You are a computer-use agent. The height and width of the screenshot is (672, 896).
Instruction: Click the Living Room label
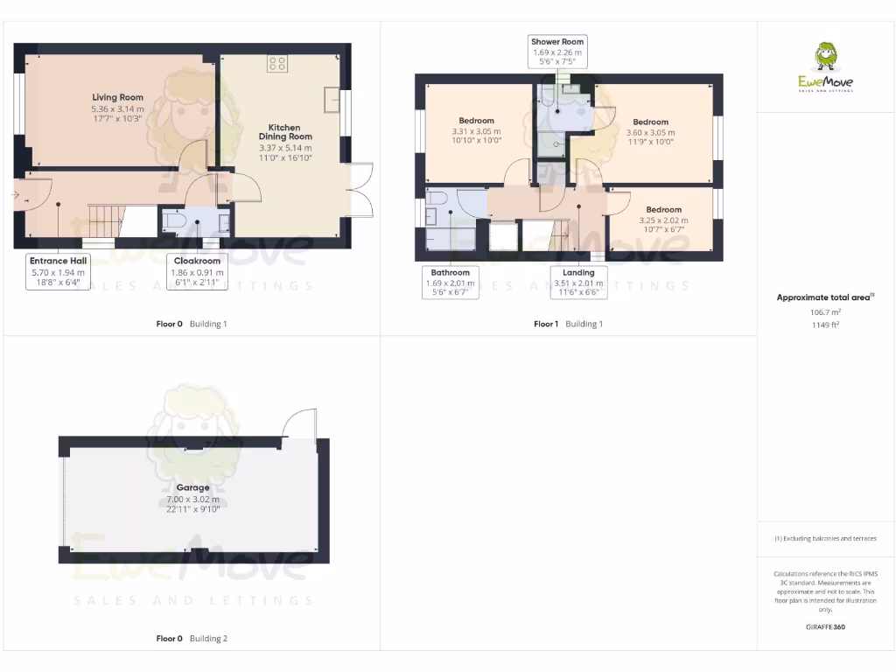(x=117, y=97)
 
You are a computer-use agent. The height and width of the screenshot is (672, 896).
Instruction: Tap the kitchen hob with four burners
(x=277, y=63)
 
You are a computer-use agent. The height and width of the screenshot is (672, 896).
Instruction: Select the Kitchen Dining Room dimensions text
(x=285, y=153)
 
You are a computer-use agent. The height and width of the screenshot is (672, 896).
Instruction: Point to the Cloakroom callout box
(x=197, y=271)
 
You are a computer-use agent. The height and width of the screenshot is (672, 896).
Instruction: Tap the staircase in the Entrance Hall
(x=104, y=218)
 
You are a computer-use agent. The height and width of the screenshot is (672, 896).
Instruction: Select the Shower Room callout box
(x=557, y=52)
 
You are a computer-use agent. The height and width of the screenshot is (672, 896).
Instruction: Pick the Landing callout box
(x=578, y=283)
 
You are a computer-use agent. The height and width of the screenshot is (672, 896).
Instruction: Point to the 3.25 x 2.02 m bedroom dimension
(x=664, y=226)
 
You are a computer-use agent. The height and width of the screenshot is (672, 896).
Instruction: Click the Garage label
(x=192, y=487)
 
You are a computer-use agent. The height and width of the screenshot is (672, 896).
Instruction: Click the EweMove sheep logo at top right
(x=825, y=57)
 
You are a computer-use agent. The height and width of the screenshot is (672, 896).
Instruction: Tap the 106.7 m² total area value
(x=825, y=311)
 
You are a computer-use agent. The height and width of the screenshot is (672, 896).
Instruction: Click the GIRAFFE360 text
(x=825, y=626)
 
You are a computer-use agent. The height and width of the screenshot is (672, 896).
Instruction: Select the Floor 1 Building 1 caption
(x=568, y=324)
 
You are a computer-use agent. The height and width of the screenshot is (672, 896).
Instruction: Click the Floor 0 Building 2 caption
(x=191, y=639)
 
